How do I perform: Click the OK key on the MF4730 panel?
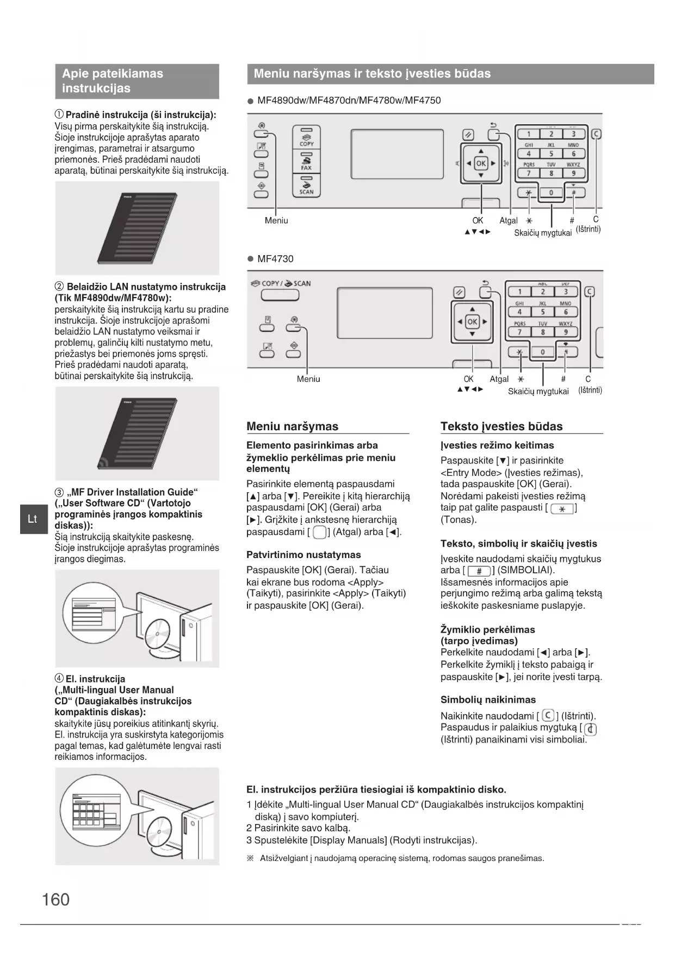click(x=472, y=321)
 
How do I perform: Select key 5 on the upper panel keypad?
click(x=551, y=154)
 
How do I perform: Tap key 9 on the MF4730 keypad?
click(x=566, y=332)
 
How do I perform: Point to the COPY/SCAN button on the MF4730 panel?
click(x=280, y=295)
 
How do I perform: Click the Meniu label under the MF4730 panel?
click(x=308, y=379)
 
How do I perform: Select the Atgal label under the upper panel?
click(x=509, y=220)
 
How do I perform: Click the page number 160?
click(x=55, y=899)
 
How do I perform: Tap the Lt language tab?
click(x=33, y=519)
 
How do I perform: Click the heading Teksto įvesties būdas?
click(x=501, y=426)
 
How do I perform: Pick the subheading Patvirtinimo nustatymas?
click(x=304, y=555)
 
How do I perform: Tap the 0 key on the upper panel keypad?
click(x=551, y=193)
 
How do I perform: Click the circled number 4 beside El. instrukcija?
click(x=59, y=679)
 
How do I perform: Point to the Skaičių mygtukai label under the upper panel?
click(x=542, y=233)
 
